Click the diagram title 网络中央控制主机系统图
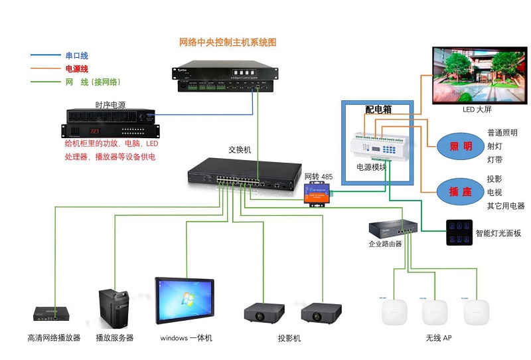[228, 43]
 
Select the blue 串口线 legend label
[76, 56]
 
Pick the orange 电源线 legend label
[76, 69]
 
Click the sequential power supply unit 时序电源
[112, 124]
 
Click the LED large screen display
[475, 74]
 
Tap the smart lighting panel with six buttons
[459, 233]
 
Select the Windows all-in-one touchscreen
[185, 303]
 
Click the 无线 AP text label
[439, 338]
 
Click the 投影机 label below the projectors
[289, 338]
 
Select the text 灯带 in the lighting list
[495, 159]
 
